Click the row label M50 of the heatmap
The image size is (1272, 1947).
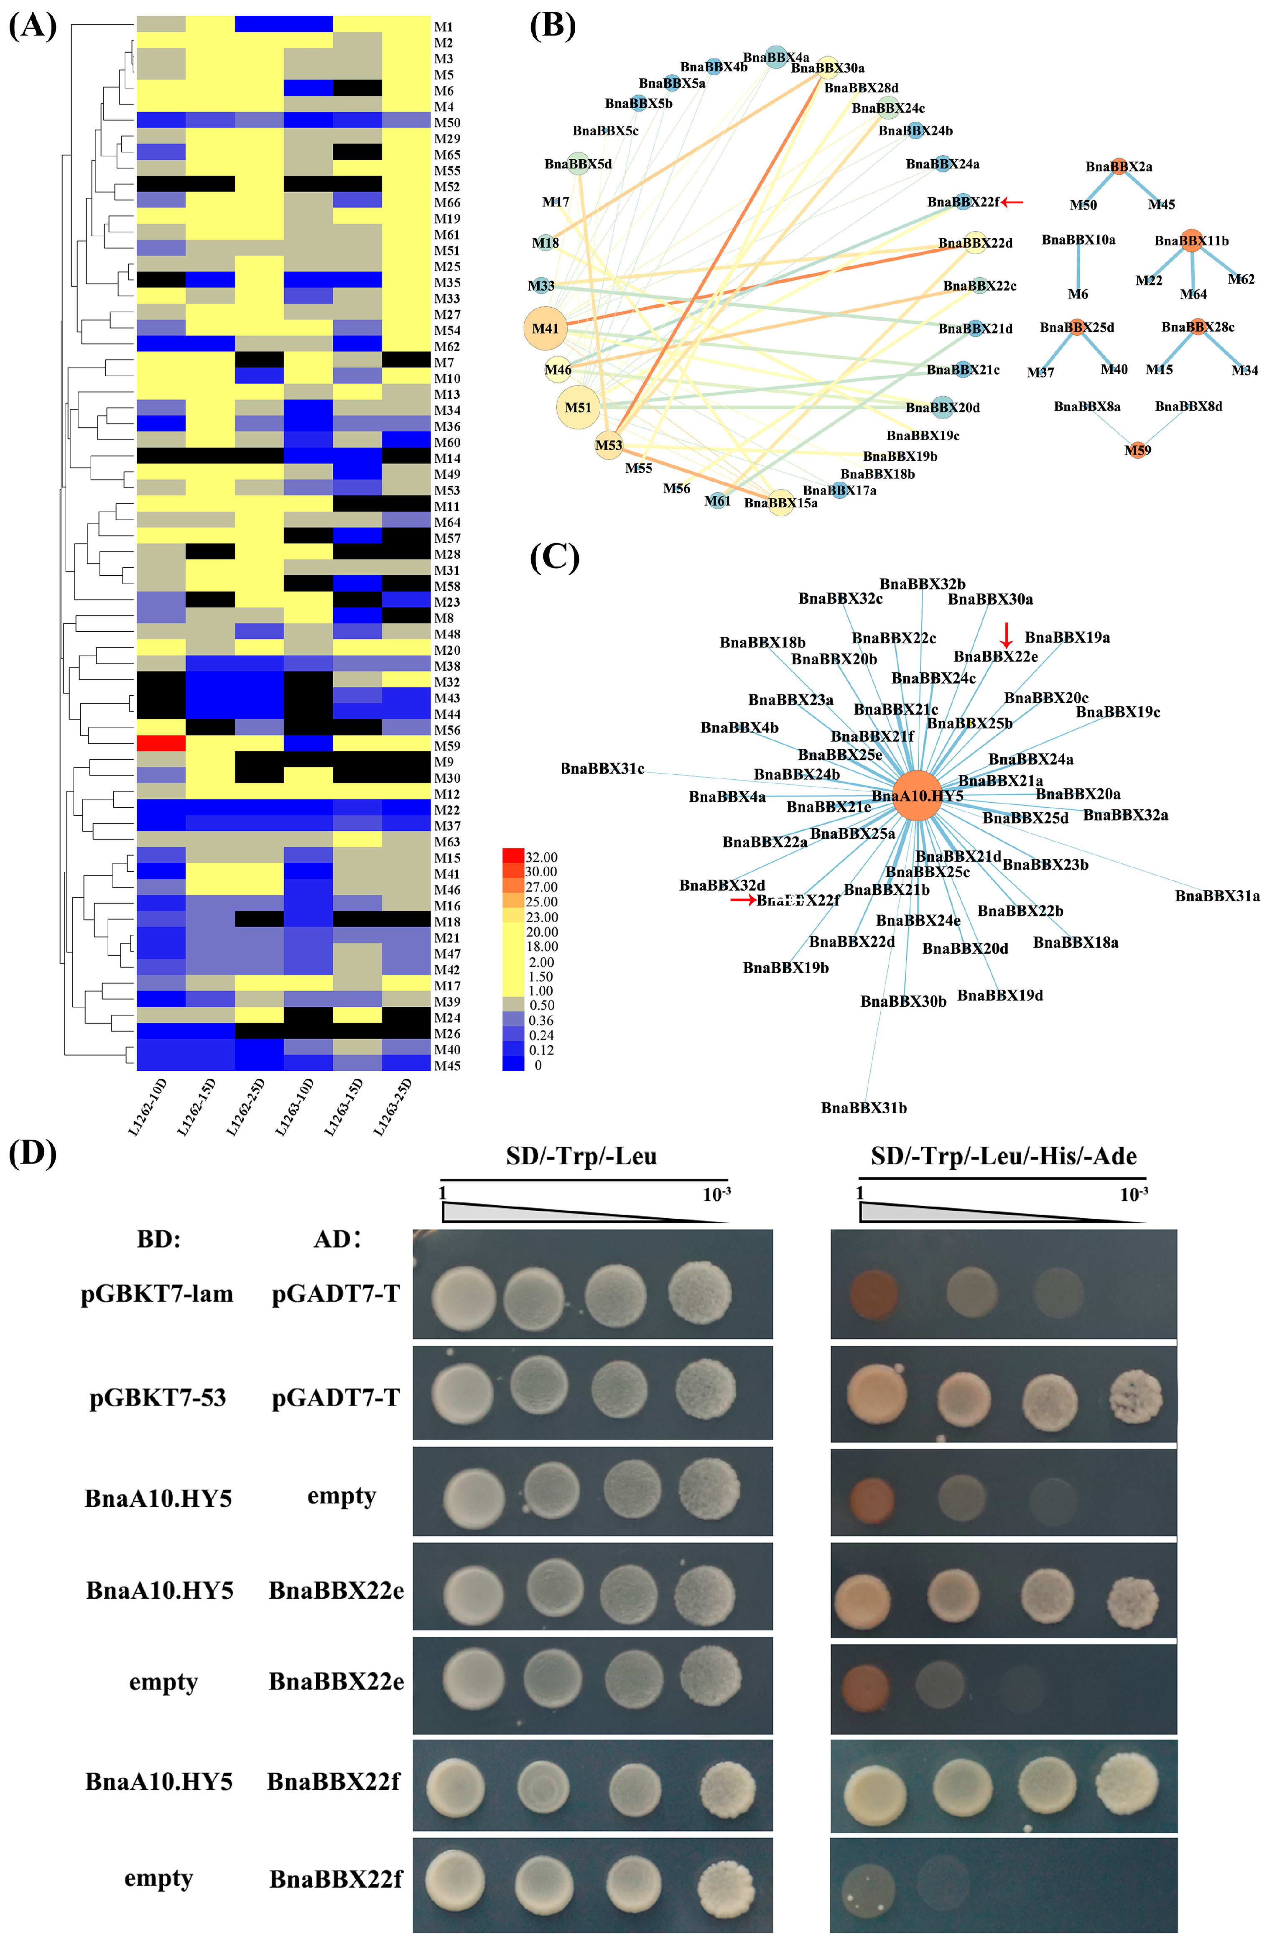pos(446,123)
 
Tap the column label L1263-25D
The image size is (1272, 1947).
pos(393,1107)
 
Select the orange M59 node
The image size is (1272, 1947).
pos(1137,450)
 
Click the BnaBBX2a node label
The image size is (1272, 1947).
pos(1119,167)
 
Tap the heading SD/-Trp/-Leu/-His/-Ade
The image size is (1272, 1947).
pos(1004,1157)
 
